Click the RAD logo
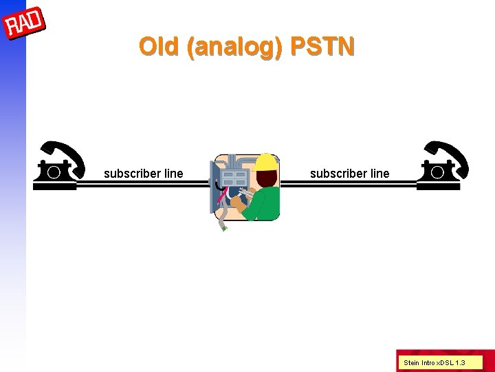[x=24, y=25]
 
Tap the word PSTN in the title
[x=322, y=47]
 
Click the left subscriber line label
[x=143, y=174]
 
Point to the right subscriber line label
[x=349, y=174]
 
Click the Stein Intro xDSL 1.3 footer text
[x=434, y=362]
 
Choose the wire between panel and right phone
[x=349, y=184]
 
